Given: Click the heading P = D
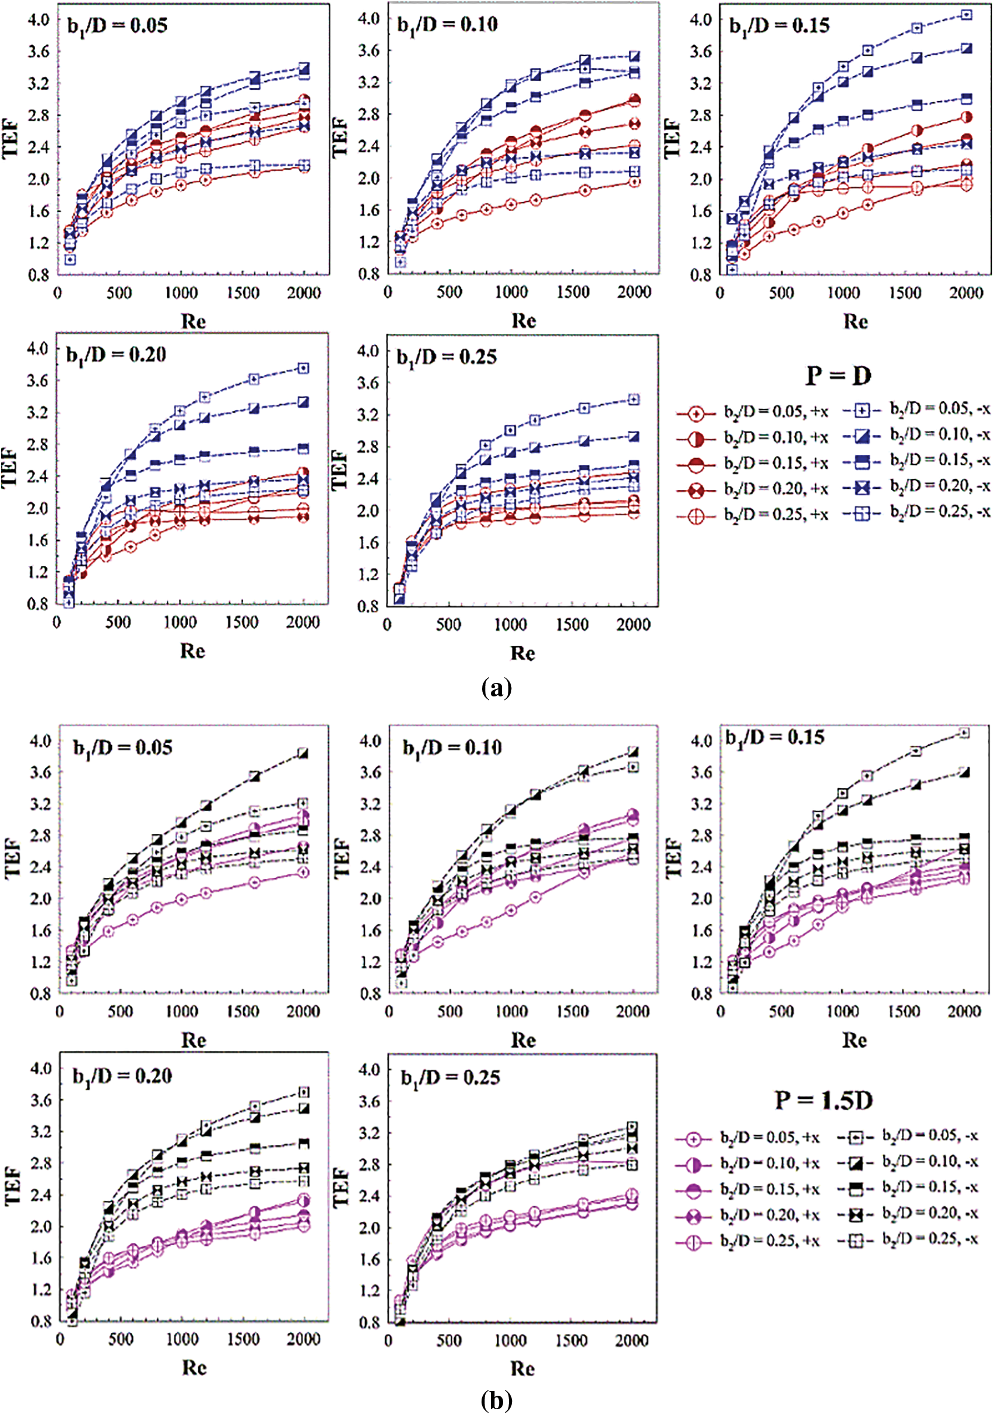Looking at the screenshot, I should coord(838,375).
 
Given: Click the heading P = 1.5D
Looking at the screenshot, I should coord(823,1100).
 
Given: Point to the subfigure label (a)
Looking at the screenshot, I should coord(496,687).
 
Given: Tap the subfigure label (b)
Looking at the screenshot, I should coord(496,1401).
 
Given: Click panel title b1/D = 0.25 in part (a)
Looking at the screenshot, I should coord(447,357).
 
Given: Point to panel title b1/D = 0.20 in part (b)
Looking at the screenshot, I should coord(122,1076).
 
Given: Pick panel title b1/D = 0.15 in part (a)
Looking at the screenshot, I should coord(779,25).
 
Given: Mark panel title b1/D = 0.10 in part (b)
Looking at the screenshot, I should coord(452,748).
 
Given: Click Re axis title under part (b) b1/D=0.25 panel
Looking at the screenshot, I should coord(522,1368).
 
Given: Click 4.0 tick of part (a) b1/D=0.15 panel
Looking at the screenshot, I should coord(701,19).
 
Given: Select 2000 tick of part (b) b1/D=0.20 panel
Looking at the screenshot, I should coord(303,1339).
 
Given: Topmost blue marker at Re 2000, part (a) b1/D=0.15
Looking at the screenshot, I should coord(966,15).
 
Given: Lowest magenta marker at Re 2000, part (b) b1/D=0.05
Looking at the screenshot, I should coord(303,872).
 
